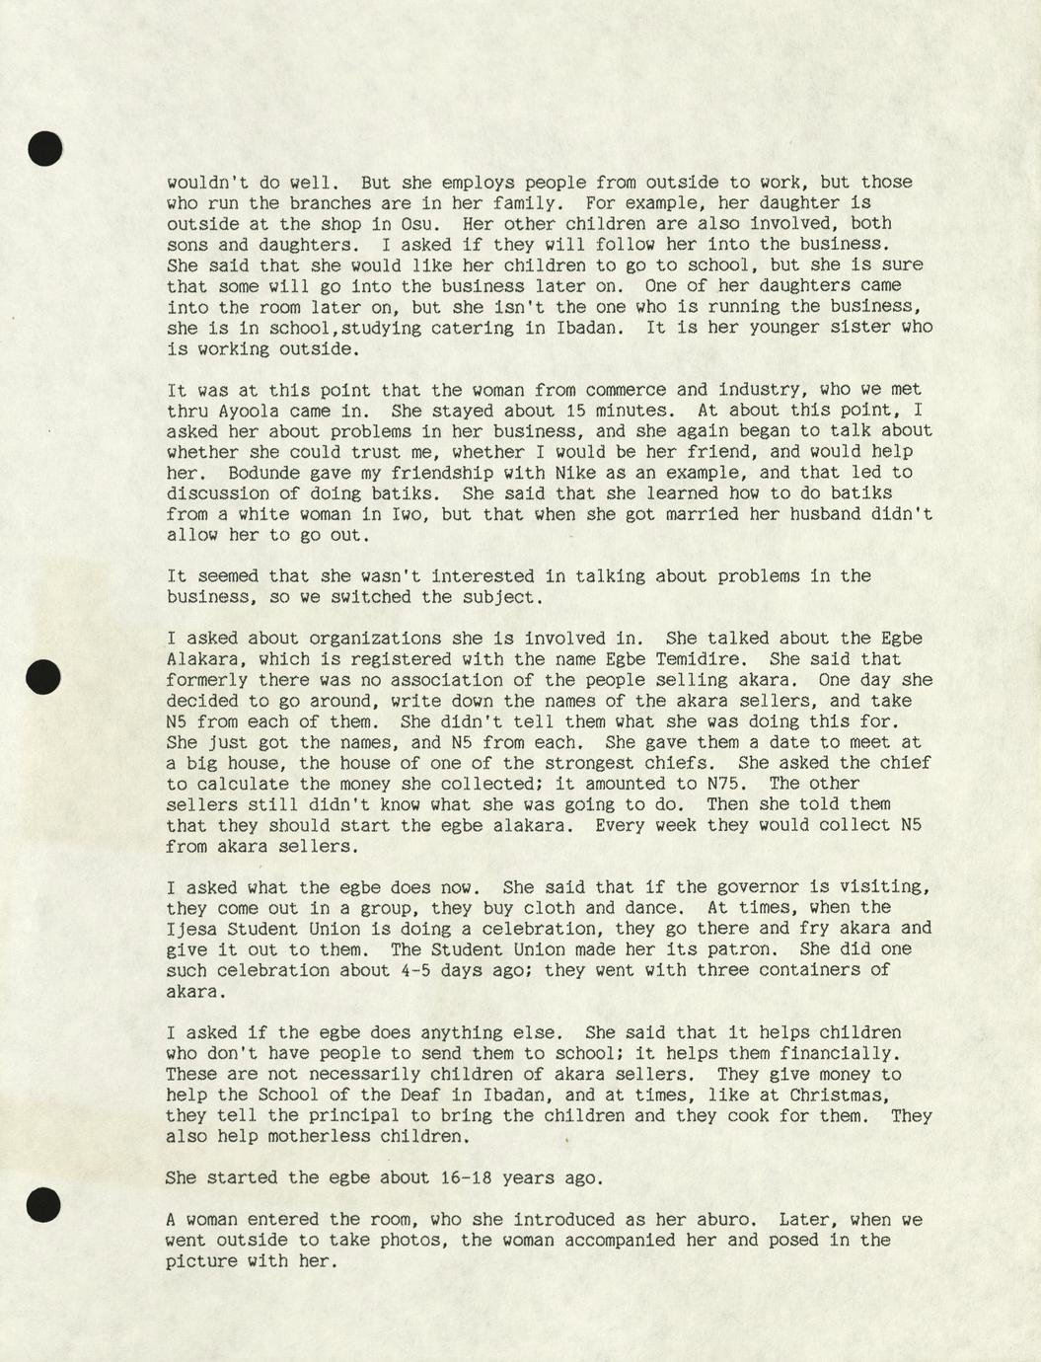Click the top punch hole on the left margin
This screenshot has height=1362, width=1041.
point(45,148)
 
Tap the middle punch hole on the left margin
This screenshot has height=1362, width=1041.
point(43,677)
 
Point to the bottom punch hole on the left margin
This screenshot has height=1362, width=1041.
point(43,1205)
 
